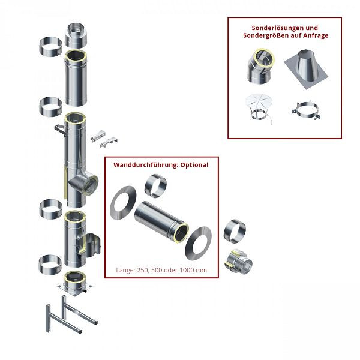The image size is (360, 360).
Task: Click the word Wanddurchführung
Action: click(142, 164)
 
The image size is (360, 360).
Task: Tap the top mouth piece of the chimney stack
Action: click(76, 35)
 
